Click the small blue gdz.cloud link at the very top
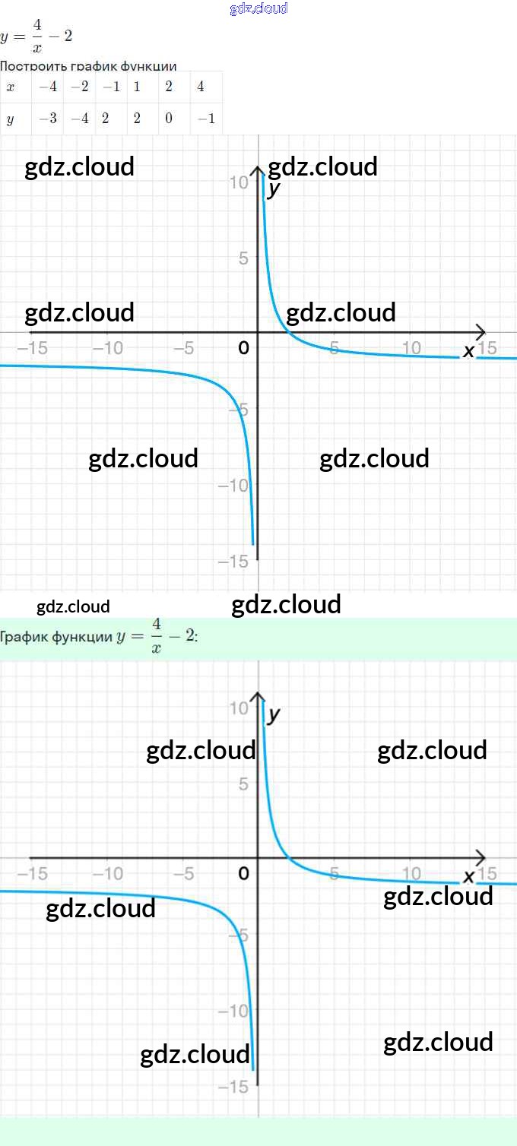[258, 8]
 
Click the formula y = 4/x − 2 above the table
[36, 36]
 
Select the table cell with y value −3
[48, 119]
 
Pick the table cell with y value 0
[168, 119]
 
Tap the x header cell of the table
[11, 87]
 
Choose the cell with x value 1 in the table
[137, 87]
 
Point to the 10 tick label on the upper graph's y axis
[239, 182]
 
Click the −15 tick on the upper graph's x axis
[32, 348]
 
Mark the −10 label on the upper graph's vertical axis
[233, 485]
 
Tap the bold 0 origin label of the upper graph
[243, 348]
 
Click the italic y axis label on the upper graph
[274, 188]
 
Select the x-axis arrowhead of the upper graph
[481, 332]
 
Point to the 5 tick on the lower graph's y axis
[243, 784]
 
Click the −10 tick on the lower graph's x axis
[108, 874]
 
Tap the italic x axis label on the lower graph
[468, 877]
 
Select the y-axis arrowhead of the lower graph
[258, 697]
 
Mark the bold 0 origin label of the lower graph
[243, 874]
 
